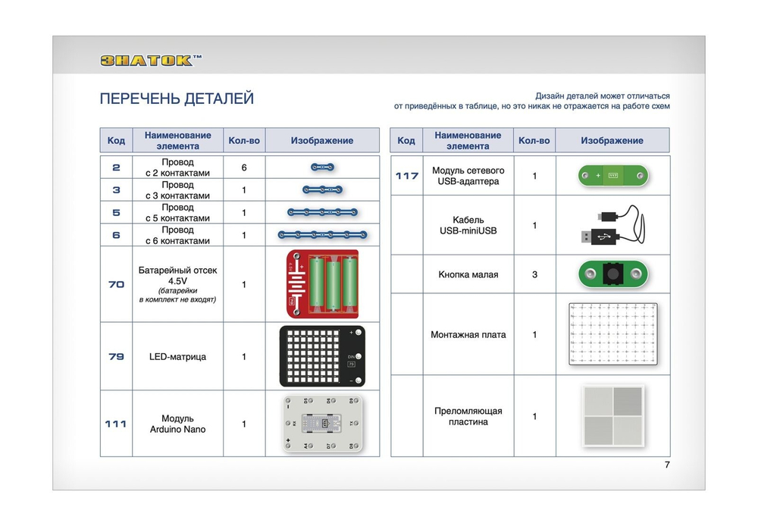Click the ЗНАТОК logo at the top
[x=152, y=61]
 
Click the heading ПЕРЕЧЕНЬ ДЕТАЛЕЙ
[x=177, y=99]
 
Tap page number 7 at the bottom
[x=667, y=465]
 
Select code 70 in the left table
[x=116, y=284]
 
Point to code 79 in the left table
[x=116, y=356]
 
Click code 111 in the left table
[x=116, y=424]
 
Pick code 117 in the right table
[x=407, y=176]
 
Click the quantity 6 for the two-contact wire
[x=244, y=168]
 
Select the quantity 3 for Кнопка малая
[x=534, y=274]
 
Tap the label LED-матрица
[x=178, y=356]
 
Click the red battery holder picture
[x=322, y=284]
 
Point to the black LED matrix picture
[x=322, y=356]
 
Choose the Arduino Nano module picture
[x=322, y=424]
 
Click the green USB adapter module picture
[x=612, y=176]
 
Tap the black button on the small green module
[x=612, y=274]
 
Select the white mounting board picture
[x=612, y=334]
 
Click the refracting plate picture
[x=612, y=415]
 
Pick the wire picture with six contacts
[x=322, y=235]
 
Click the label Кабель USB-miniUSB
[x=468, y=225]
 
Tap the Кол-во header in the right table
[x=534, y=140]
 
